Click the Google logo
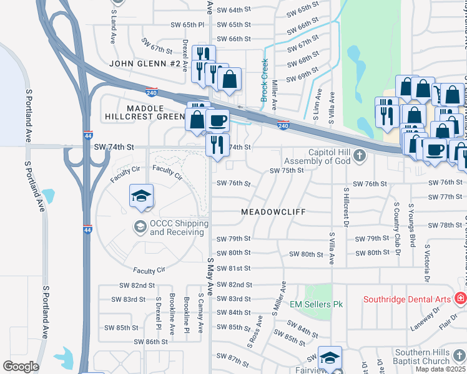tap(21, 367)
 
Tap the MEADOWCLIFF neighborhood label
tap(273, 212)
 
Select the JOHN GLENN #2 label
tap(145, 64)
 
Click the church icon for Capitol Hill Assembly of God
tap(360, 155)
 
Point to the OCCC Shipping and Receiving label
tap(178, 228)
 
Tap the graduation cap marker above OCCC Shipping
tap(142, 196)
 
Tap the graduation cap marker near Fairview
tap(330, 357)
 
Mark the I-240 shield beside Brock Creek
tap(283, 125)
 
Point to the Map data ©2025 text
tap(440, 369)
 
